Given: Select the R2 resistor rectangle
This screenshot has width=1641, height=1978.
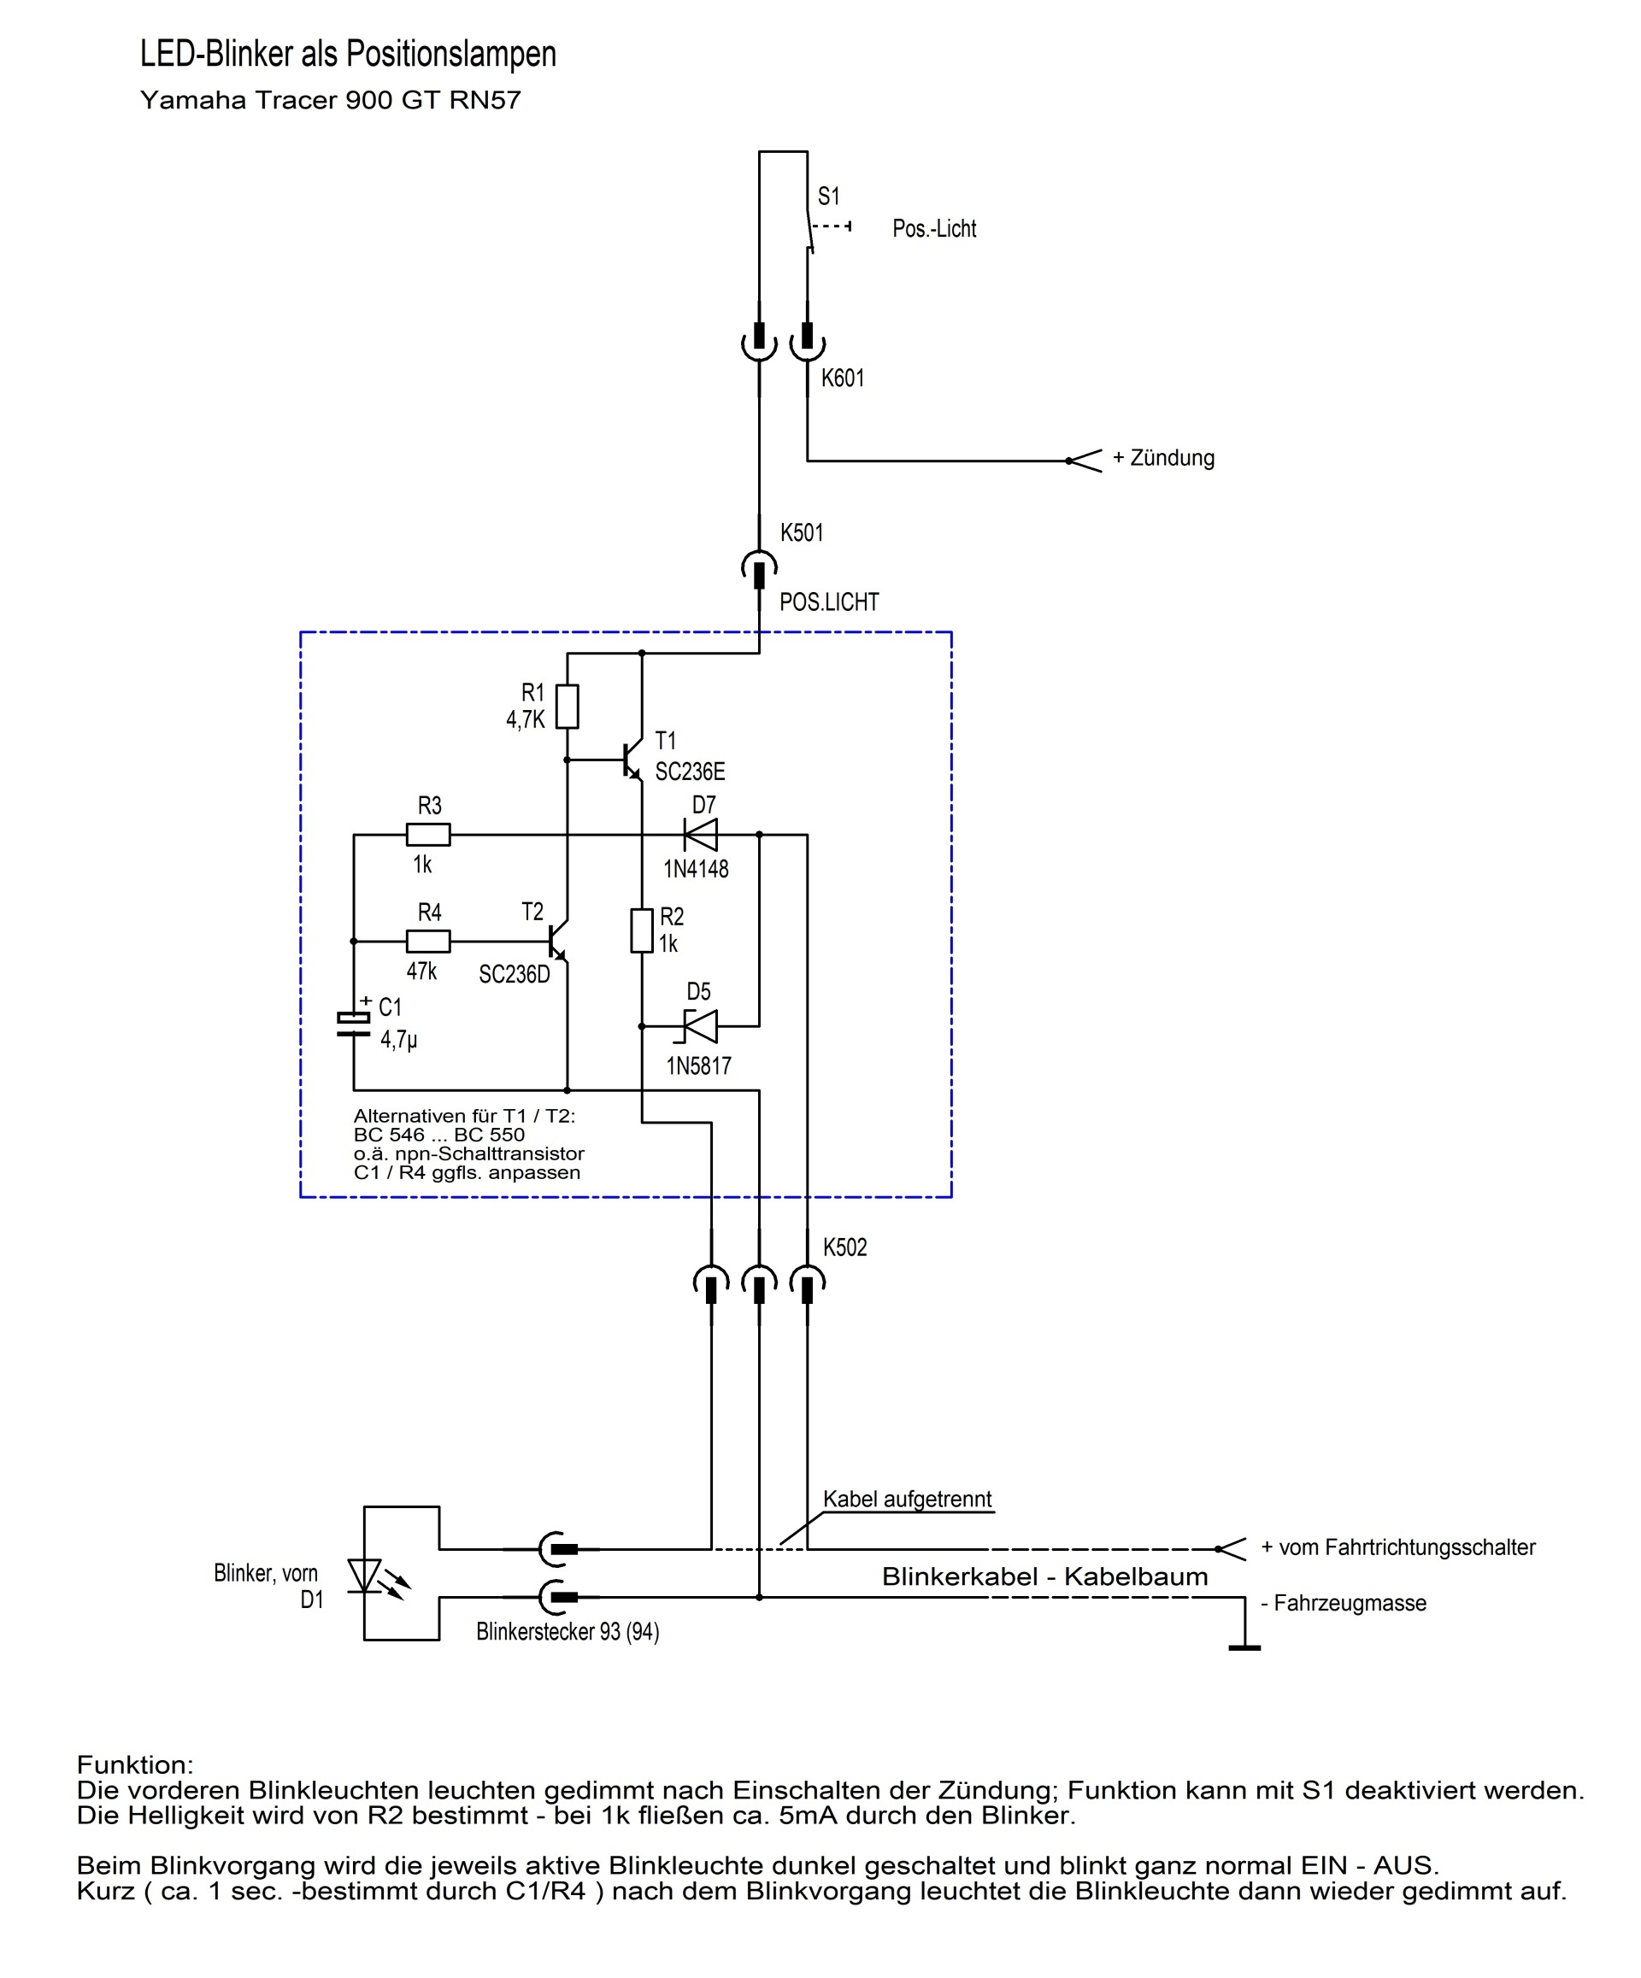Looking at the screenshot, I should pos(642,930).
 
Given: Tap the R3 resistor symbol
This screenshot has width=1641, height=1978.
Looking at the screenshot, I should pos(428,835).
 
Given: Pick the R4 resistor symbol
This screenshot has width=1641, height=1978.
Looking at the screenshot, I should pos(428,941).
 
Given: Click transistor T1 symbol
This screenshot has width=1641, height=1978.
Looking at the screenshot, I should pos(631,760).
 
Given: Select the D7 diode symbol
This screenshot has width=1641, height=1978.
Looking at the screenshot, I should pos(700,835).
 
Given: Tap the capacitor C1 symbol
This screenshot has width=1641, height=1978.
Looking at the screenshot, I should pos(354,1024).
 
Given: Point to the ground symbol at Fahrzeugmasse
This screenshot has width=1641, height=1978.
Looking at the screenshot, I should pos(1244,1646).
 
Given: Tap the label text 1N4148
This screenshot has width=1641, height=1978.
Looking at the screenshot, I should pos(697,869).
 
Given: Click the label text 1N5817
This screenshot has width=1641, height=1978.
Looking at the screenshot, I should pos(698,1066).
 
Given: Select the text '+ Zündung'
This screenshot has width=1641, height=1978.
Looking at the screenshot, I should pos(1163,459).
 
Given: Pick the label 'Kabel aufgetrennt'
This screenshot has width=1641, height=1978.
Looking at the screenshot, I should pos(907,1500).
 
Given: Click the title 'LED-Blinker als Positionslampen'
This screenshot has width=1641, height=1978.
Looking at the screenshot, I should pos(349,55).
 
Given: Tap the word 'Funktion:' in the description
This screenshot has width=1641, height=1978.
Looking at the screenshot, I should pos(135,1764).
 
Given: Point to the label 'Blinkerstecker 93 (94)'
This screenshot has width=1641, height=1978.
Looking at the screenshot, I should pos(568,1631).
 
